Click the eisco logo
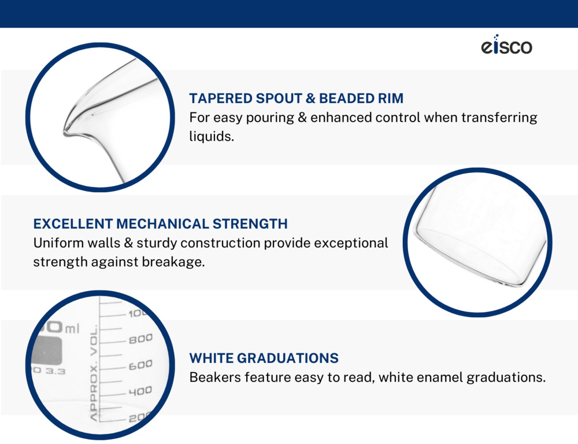tap(506, 45)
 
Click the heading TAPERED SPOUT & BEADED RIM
tap(297, 98)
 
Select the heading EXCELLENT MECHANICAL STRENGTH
tap(160, 224)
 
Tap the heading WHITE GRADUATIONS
tap(264, 358)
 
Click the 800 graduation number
tap(140, 339)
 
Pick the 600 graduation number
tap(140, 365)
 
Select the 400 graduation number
tap(140, 391)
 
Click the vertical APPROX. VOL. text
tap(94, 373)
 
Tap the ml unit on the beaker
tap(72, 328)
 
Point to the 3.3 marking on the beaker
tap(55, 371)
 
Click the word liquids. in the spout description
tap(212, 137)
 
